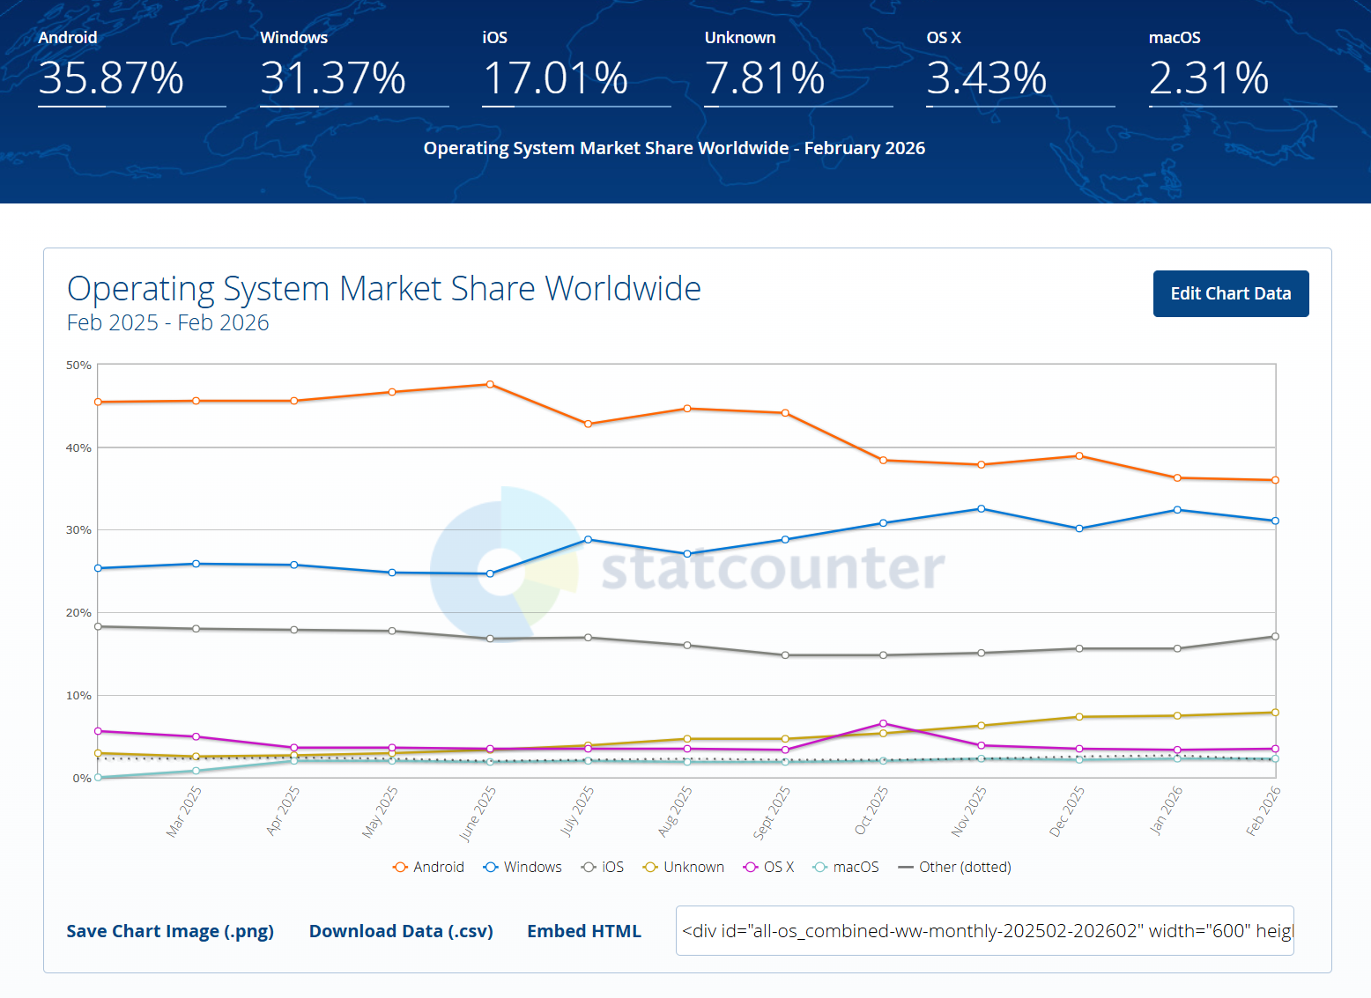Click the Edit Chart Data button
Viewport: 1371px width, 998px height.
coord(1230,293)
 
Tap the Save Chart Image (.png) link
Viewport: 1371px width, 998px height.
coord(170,931)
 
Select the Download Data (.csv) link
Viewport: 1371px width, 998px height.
coord(401,931)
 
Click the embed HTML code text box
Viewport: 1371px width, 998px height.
coord(984,931)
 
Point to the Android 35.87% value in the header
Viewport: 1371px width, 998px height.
coord(111,78)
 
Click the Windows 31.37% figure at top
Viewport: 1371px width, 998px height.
coord(333,78)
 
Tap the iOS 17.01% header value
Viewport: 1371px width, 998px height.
coord(555,78)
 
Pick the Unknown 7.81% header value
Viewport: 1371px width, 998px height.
coord(765,78)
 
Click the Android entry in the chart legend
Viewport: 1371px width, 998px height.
coord(429,867)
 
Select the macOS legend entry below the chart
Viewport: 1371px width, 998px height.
coord(846,867)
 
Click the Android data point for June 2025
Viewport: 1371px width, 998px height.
coord(490,384)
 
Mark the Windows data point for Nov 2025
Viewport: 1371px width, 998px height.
coord(981,509)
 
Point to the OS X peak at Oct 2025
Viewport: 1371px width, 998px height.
coord(883,723)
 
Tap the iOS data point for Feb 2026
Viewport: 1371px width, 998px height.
coord(1275,636)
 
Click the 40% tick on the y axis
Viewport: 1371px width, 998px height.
coord(79,447)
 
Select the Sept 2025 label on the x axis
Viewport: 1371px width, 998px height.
coord(772,813)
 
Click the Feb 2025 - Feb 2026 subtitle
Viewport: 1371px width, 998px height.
coord(167,322)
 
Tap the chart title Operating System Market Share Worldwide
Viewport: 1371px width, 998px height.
coord(383,289)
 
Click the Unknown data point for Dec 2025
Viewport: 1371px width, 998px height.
coord(1079,717)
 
